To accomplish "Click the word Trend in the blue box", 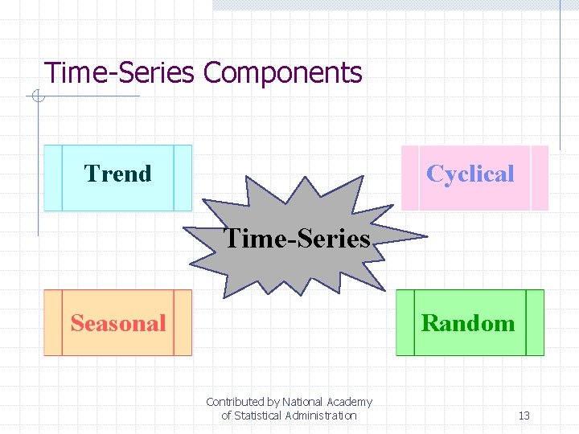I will (117, 174).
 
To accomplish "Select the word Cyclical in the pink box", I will (470, 174).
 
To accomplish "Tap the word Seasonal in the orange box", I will (117, 323).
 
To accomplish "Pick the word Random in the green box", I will (468, 323).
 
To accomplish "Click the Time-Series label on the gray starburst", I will (297, 239).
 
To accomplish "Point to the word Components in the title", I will (282, 73).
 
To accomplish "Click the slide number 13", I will (524, 416).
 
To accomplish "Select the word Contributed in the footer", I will (235, 402).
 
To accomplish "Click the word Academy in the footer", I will (349, 402).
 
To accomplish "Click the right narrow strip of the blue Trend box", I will (183, 178).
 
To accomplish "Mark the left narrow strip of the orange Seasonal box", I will (53, 323).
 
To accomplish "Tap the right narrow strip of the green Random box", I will (535, 323).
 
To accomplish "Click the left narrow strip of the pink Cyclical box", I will (410, 178).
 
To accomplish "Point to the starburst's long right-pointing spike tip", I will (424, 237).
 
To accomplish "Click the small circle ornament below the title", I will (37, 97).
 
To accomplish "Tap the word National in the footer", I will (303, 402).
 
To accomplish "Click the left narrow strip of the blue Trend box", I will (53, 178).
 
